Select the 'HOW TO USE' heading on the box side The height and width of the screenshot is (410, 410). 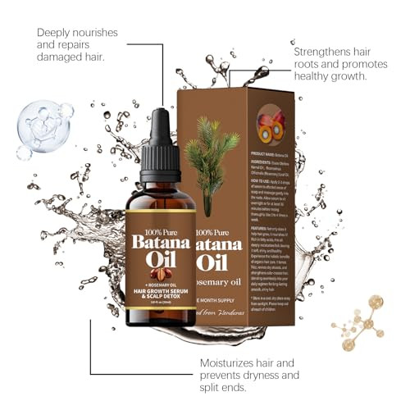point(263,175)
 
